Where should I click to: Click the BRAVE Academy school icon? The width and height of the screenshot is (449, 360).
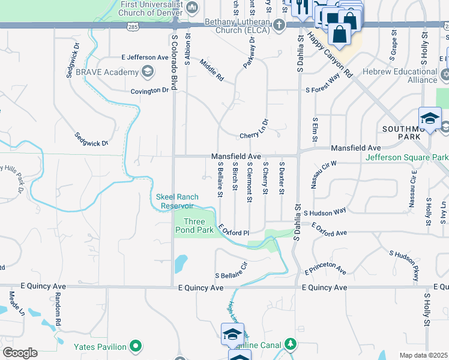[147, 73]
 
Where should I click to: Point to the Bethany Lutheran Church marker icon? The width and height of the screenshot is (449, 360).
[279, 25]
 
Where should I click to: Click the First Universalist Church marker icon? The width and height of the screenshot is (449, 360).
[192, 7]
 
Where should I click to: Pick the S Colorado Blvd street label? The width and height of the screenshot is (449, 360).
[175, 61]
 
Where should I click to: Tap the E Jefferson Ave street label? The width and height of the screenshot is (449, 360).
[145, 58]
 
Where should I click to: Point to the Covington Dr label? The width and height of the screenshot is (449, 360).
[150, 90]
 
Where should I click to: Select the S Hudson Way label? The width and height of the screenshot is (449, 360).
[325, 212]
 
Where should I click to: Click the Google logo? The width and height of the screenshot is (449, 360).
[20, 353]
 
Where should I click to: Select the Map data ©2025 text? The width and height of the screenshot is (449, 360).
[423, 355]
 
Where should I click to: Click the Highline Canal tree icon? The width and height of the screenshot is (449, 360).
[291, 344]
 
